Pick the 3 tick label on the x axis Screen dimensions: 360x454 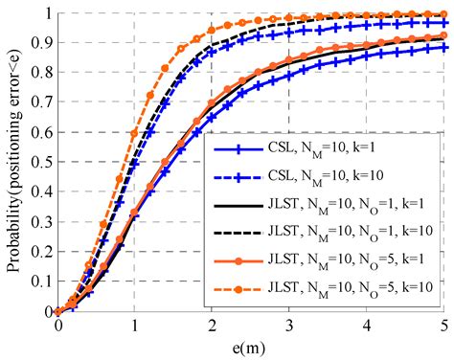click(290, 326)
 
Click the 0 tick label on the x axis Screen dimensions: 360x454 click(57, 326)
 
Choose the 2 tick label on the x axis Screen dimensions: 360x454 click(213, 326)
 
